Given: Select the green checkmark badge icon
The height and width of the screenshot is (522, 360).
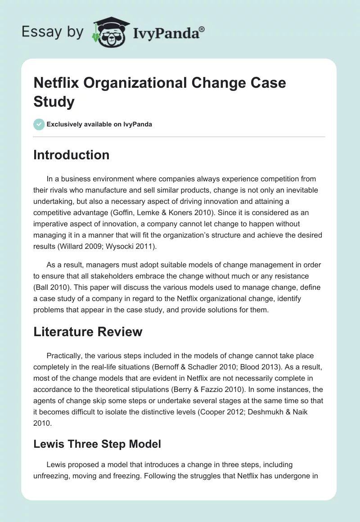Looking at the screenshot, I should pos(39,124).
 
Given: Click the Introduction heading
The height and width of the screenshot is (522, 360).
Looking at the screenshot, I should pos(72,155).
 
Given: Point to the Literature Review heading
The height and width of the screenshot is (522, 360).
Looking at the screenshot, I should pos(88,332).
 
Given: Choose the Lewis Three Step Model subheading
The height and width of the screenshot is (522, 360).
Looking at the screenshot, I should pos(97,444).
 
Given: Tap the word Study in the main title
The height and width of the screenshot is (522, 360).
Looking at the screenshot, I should pos(54,102).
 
